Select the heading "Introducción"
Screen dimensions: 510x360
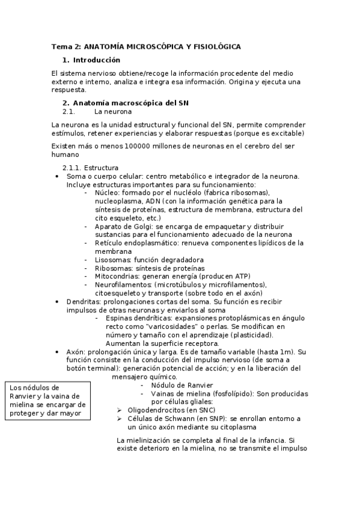(97, 60)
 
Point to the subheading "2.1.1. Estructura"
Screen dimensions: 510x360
(90, 167)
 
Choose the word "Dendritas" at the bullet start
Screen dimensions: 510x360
(84, 301)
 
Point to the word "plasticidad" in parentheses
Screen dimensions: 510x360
(250, 334)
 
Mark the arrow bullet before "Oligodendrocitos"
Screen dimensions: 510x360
(120, 410)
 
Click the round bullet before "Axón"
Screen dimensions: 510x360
(56, 351)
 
